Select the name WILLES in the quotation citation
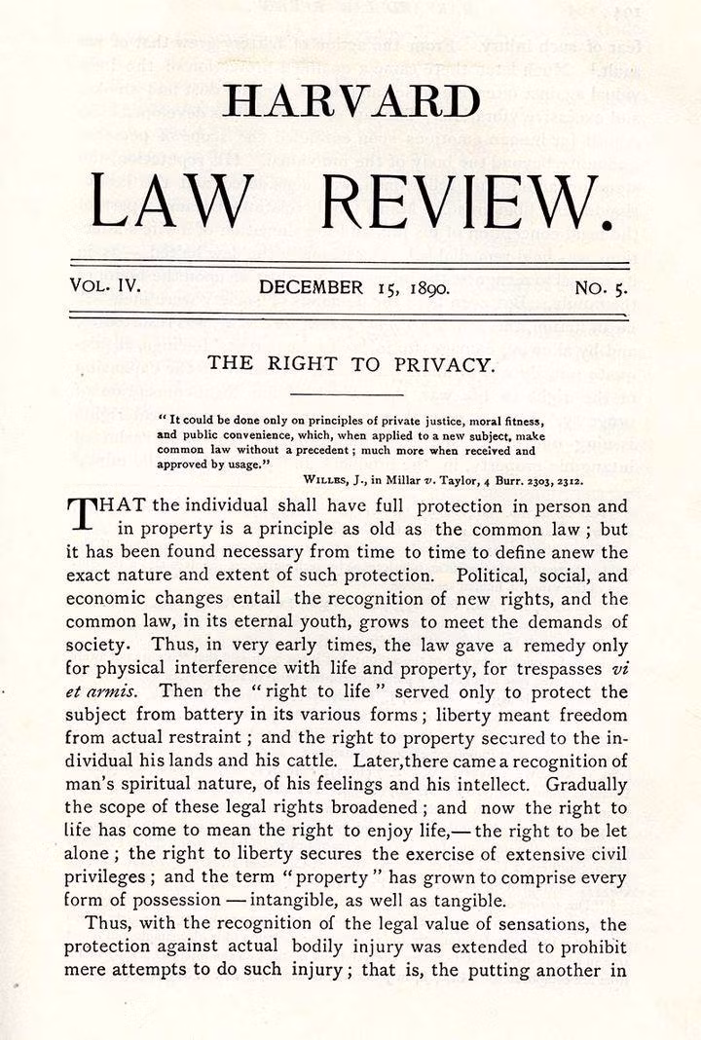tap(329, 479)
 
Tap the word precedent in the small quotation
tap(295, 451)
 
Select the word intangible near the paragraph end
tap(320, 900)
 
